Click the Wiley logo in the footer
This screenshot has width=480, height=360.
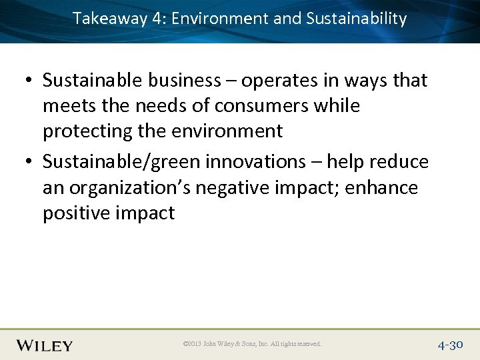[x=45, y=345]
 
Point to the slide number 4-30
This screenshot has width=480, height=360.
[x=451, y=345]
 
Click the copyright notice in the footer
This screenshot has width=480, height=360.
[x=252, y=344]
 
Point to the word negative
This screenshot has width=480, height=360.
[x=237, y=188]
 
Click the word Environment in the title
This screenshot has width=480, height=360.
[x=220, y=19]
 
